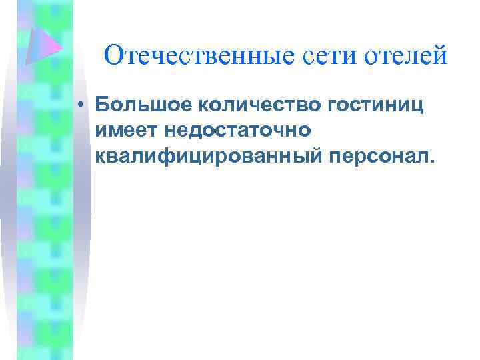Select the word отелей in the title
[x=406, y=55]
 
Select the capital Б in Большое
[x=102, y=105]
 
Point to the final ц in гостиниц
[x=419, y=106]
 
